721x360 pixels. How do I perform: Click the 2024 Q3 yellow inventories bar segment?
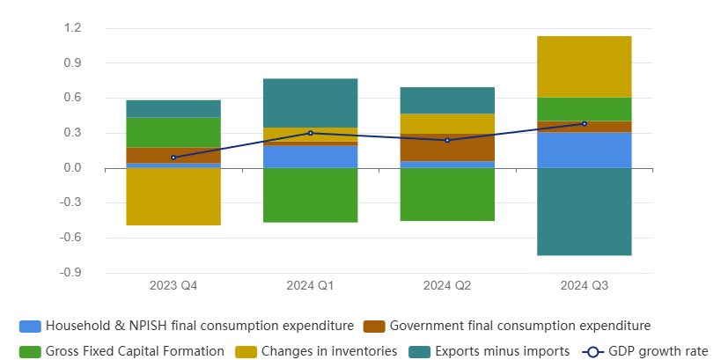(584, 67)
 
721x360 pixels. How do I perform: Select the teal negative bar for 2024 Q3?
(584, 211)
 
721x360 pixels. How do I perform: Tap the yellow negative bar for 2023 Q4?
(173, 196)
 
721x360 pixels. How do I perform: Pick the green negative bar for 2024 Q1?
(310, 195)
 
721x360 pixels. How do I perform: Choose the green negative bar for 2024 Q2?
(447, 194)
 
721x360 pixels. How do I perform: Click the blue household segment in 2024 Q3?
(584, 150)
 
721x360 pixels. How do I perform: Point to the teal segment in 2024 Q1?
(310, 103)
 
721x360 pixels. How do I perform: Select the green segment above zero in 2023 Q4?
(173, 132)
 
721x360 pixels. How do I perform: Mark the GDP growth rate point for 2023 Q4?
(173, 158)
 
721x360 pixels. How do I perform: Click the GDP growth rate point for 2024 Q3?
(584, 124)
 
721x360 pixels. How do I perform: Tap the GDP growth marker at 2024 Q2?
(447, 140)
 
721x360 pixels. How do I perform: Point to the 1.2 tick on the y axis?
(72, 28)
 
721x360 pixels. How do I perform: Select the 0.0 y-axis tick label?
(72, 168)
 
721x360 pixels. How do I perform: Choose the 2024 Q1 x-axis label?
(310, 286)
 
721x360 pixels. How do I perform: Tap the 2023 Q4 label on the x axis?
(173, 286)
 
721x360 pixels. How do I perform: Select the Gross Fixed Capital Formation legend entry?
(122, 351)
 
